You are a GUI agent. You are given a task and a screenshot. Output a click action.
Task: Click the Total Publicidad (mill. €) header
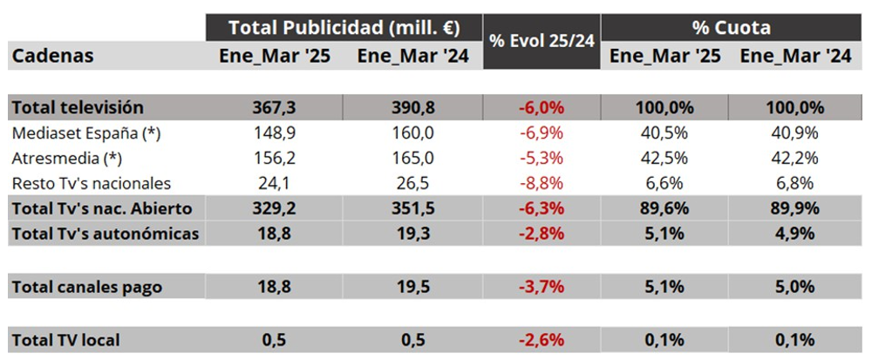(x=344, y=27)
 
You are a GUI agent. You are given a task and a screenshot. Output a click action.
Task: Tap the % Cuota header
(x=731, y=27)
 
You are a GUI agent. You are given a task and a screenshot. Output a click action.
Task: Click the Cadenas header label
(x=52, y=57)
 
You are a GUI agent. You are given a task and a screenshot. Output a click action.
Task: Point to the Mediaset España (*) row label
(x=87, y=133)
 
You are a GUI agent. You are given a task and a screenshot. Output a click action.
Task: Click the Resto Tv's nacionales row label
(x=92, y=184)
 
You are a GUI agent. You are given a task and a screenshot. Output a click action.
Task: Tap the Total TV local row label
(x=65, y=339)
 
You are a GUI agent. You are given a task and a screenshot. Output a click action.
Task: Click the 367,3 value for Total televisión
(x=274, y=108)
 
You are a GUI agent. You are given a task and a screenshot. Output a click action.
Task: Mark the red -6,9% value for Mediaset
(x=541, y=133)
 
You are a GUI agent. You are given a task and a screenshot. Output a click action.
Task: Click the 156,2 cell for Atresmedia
(x=274, y=159)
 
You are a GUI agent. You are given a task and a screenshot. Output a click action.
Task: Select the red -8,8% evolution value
(x=541, y=184)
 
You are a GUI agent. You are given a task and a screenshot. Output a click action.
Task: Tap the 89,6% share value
(x=664, y=209)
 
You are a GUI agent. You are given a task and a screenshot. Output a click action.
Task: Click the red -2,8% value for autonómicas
(x=541, y=234)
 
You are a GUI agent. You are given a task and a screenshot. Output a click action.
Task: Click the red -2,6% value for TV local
(x=541, y=339)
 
